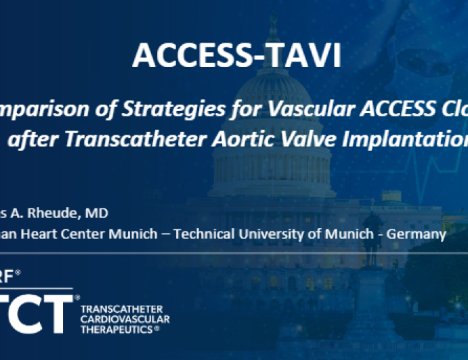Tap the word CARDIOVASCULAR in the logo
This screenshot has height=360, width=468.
[125, 319]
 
